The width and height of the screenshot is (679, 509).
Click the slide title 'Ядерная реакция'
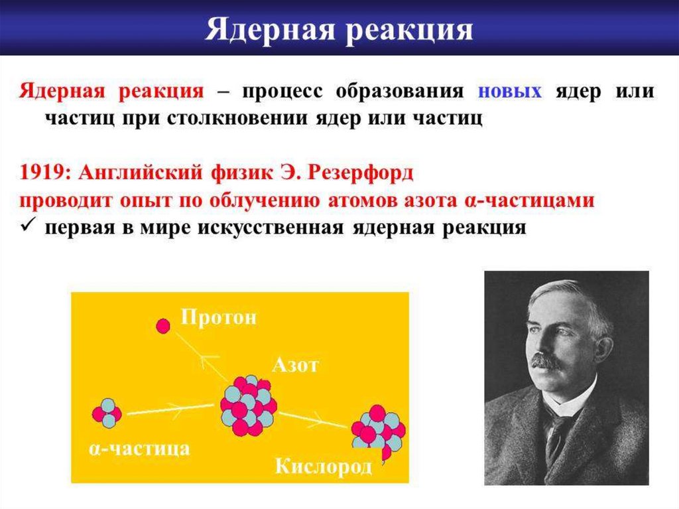(x=339, y=31)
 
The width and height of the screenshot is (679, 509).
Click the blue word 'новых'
(x=510, y=92)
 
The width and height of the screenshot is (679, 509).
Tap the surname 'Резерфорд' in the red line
(x=360, y=173)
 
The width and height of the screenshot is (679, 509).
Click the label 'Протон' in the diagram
(x=219, y=317)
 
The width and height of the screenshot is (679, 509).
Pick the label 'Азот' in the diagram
(x=295, y=366)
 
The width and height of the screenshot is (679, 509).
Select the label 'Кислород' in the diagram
(x=324, y=467)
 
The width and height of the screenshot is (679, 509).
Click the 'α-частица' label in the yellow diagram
(x=139, y=448)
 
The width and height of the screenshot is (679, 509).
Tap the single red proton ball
(x=163, y=326)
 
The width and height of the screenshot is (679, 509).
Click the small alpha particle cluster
(x=107, y=413)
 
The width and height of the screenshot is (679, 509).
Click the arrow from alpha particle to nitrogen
(x=170, y=409)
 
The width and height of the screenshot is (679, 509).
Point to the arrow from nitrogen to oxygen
(x=313, y=419)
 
